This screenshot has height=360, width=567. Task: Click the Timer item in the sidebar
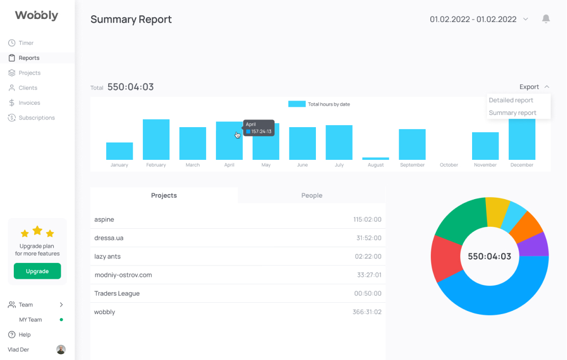click(21, 43)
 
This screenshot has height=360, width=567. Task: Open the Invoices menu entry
click(24, 103)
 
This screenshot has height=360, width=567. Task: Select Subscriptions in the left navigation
click(32, 117)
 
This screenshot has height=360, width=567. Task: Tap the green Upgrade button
click(37, 271)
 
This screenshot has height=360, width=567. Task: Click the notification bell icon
click(546, 19)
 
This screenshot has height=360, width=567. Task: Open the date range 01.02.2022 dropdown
click(479, 19)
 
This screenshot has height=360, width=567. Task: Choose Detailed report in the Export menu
click(511, 100)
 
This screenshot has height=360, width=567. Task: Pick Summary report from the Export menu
click(512, 113)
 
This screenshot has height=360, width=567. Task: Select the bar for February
click(156, 139)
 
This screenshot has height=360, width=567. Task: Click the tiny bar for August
click(376, 158)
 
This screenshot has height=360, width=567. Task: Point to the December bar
click(522, 139)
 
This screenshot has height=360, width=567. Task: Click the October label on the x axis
click(449, 165)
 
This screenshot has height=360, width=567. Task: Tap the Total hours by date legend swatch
click(297, 104)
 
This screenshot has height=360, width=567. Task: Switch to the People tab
click(312, 196)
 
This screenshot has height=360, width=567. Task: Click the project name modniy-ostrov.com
click(123, 275)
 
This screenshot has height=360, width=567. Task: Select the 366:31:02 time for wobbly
click(367, 312)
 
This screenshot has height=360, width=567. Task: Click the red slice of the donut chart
click(446, 257)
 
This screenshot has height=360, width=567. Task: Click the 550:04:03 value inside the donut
click(489, 256)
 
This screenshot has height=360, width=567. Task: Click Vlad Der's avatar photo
click(61, 349)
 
